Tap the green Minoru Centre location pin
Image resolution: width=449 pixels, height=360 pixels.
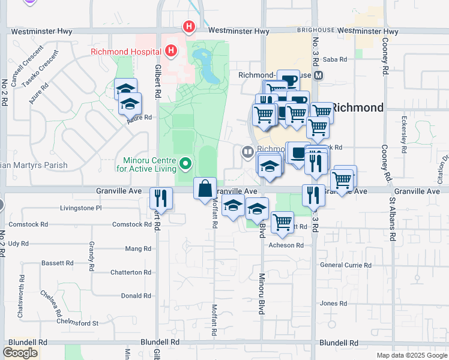click(185, 163)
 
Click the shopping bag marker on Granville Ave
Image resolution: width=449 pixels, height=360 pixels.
click(205, 188)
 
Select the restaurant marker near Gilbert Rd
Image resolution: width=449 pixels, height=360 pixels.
click(161, 198)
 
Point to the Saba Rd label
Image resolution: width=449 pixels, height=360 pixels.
click(335, 59)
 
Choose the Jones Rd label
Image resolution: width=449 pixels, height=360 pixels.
click(329, 304)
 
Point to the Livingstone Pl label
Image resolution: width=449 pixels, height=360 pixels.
click(81, 208)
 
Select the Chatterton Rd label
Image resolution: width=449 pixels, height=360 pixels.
click(131, 272)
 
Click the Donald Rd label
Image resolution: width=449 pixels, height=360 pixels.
click(136, 296)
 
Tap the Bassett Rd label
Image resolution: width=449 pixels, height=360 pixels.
click(57, 263)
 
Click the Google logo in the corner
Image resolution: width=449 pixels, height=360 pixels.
click(20, 352)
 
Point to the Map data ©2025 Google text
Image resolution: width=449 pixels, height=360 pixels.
click(411, 355)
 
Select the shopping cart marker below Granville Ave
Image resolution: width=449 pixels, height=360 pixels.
click(282, 222)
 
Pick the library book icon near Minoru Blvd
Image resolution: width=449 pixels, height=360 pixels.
click(247, 152)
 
